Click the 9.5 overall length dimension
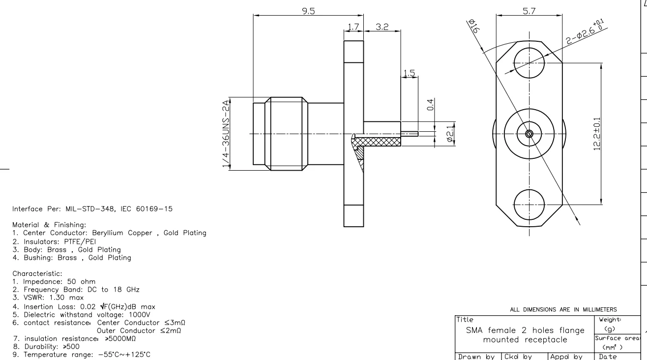click(308, 11)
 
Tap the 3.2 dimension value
click(382, 27)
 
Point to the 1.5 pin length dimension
click(408, 73)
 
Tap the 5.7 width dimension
click(529, 11)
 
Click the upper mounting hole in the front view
click(529, 64)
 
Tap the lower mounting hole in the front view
click(529, 203)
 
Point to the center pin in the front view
click(529, 134)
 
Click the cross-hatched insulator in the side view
click(379, 142)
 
